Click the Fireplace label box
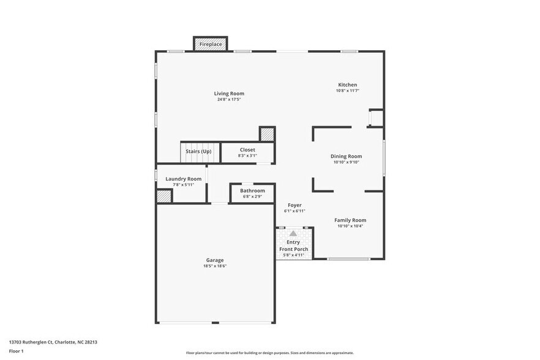click(x=211, y=45)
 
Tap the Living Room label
click(x=230, y=94)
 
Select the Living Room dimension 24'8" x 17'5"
click(x=230, y=99)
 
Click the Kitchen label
click(x=348, y=84)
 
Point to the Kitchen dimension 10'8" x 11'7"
click(x=348, y=91)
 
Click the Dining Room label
click(x=347, y=156)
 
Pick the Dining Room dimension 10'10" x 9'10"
click(x=347, y=162)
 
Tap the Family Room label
click(x=350, y=220)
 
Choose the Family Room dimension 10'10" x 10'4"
click(x=350, y=226)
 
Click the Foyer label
click(x=294, y=205)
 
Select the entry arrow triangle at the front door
click(x=293, y=233)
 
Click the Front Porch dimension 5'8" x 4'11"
click(x=294, y=255)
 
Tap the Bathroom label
click(x=252, y=190)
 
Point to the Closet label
click(x=247, y=149)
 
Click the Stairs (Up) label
click(x=198, y=151)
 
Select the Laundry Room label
click(x=183, y=179)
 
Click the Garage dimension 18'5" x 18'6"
click(x=215, y=266)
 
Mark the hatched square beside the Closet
click(x=267, y=134)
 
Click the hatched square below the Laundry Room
click(x=163, y=197)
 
